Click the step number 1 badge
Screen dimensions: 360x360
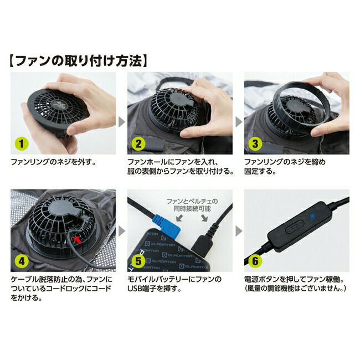pos(21,144)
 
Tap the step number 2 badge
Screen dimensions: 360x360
pos(138,144)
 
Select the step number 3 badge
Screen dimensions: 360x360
pos(255,144)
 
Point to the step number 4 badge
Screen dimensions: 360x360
pos(21,261)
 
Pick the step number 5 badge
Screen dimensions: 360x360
pos(138,261)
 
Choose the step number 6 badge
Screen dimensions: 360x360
pos(255,261)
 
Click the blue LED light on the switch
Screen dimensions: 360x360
pos(312,216)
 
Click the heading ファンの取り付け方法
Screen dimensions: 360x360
pos(78,61)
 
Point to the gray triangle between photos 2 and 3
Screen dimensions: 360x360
pos(238,122)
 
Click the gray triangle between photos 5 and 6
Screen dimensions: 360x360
pos(238,231)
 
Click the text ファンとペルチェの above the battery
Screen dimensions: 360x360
pos(192,202)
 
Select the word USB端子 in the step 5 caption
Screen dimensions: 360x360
pos(142,289)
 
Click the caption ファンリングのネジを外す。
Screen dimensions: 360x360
pos(53,162)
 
